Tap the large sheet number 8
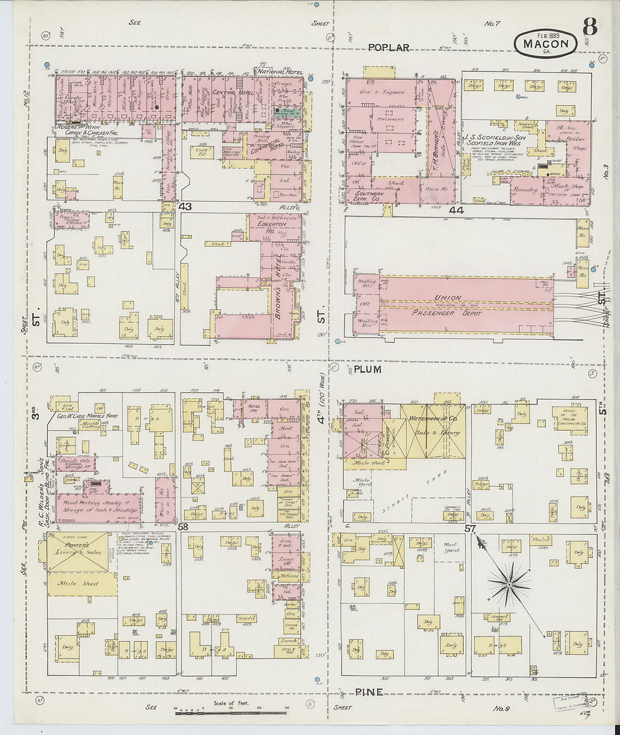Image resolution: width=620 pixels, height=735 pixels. (x=590, y=26)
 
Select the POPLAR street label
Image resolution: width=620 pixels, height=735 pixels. (x=388, y=48)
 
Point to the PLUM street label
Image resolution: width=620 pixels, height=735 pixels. (x=368, y=369)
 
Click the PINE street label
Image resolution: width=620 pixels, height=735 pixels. (x=369, y=692)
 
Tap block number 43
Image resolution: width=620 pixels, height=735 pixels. (x=185, y=207)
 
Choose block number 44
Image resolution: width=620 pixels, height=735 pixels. (x=456, y=210)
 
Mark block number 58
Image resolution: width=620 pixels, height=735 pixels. (x=183, y=527)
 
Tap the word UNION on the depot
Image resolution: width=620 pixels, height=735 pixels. (x=448, y=297)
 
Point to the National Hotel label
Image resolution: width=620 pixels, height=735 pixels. (x=280, y=72)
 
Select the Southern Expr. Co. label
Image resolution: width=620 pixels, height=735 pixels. (x=369, y=197)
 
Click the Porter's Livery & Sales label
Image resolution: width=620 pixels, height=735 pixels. (x=83, y=549)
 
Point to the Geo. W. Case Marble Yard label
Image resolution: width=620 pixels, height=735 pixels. (x=87, y=416)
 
